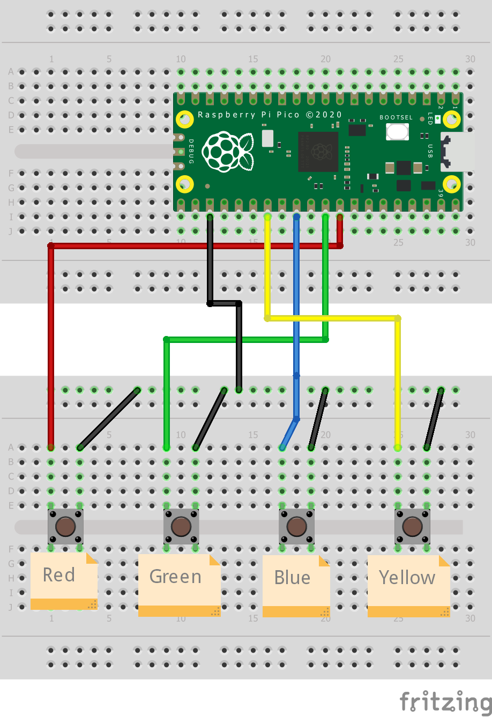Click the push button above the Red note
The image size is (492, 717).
click(65, 527)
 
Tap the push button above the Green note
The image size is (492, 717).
click(181, 527)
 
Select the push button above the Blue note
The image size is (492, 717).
click(296, 527)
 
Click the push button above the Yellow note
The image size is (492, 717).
click(412, 527)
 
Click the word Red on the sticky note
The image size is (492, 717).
click(58, 575)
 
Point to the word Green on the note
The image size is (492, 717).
click(175, 577)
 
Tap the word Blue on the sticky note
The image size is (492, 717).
click(292, 578)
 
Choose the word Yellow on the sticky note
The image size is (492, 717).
click(407, 578)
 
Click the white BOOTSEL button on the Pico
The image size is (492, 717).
click(397, 131)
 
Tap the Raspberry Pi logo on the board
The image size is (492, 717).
click(227, 152)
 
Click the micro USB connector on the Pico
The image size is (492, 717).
click(456, 152)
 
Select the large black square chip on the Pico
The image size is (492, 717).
click(318, 152)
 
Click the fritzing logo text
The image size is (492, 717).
click(445, 701)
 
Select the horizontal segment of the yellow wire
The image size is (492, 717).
click(332, 318)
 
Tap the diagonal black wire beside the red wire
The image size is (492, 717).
click(109, 419)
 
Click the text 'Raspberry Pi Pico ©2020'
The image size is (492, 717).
click(270, 115)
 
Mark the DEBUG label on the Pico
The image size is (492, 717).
click(191, 151)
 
